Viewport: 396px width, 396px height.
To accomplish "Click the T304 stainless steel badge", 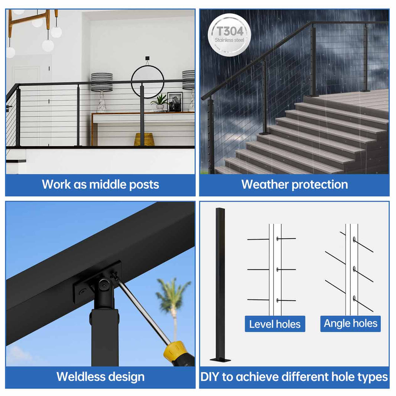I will [x=227, y=35].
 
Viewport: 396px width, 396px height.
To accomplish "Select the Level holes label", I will [x=275, y=324].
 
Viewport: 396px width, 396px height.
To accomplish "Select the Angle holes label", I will [x=350, y=323].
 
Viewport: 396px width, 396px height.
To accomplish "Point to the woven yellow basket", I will [x=144, y=139].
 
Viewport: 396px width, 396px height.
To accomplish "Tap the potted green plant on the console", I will [x=161, y=101].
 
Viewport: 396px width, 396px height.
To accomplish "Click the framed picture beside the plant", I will [x=175, y=101].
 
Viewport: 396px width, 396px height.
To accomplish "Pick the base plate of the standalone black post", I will [x=220, y=359].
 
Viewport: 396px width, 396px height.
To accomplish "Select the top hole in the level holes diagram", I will [x=278, y=238].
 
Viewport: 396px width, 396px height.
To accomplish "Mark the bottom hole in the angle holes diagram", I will [x=354, y=298].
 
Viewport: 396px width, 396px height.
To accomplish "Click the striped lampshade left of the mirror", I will [x=102, y=82].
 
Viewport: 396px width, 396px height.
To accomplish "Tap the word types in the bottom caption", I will [x=372, y=377].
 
